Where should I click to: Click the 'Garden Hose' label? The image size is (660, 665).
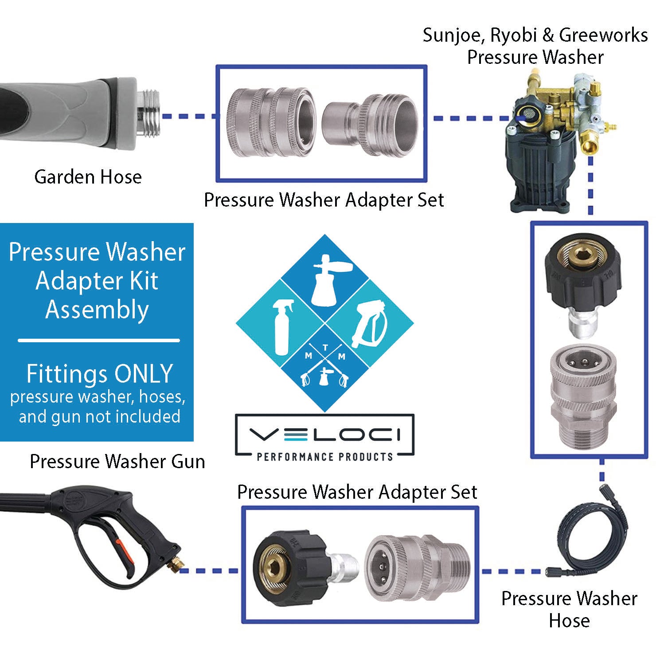click(x=88, y=177)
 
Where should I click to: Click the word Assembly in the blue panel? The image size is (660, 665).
click(x=97, y=309)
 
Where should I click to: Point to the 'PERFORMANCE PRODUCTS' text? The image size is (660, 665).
click(x=325, y=457)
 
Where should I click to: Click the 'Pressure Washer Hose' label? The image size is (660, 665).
click(x=569, y=609)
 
